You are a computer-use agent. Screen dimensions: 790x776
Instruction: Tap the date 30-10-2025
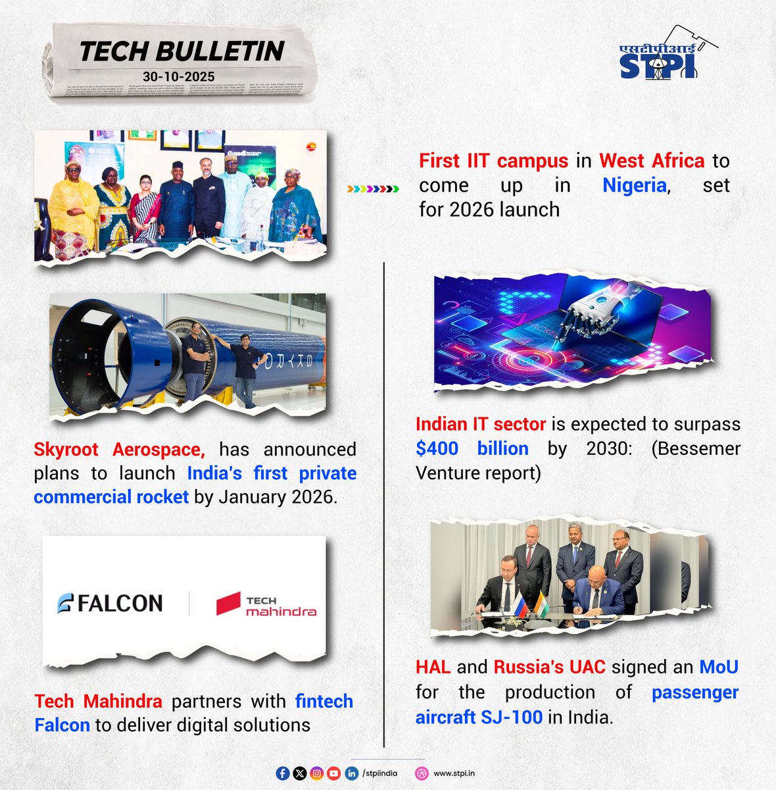click(178, 76)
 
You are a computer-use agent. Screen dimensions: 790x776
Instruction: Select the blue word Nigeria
click(635, 185)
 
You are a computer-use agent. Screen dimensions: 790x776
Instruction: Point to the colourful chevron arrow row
click(373, 189)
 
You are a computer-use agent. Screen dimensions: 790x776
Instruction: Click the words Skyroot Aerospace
click(119, 450)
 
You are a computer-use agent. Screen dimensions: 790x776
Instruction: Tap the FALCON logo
click(110, 603)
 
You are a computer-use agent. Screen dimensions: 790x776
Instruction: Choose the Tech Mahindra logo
click(266, 604)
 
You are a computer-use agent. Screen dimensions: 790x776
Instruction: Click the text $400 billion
click(472, 448)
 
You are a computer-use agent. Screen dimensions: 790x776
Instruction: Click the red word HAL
click(433, 667)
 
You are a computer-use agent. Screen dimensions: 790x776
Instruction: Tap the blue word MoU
click(718, 667)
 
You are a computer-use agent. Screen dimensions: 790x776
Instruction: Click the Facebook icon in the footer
click(283, 774)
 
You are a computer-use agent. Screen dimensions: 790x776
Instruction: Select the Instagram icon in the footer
click(317, 774)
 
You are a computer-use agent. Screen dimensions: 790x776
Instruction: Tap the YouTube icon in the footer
click(333, 774)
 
